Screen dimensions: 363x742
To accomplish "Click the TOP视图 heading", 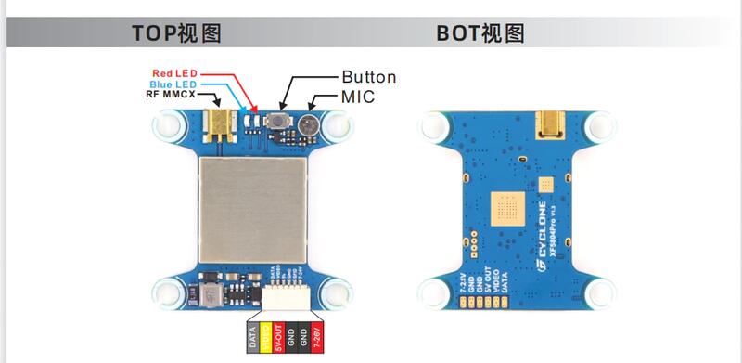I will coord(176,34).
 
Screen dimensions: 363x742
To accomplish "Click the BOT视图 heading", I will coord(480,34).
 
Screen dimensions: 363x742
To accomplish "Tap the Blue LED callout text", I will coord(174,83).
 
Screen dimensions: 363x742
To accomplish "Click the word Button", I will coord(368,77).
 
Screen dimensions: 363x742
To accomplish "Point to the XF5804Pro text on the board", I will coord(555,235).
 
